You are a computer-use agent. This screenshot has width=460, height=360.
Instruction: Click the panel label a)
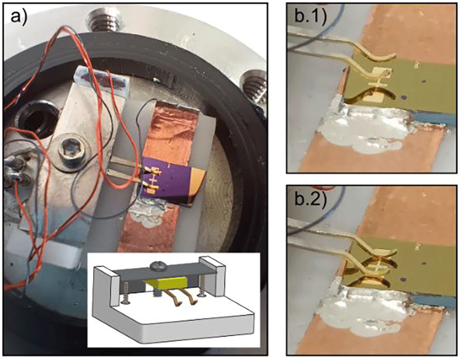click(x=19, y=17)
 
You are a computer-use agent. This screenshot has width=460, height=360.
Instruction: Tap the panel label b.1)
click(x=310, y=17)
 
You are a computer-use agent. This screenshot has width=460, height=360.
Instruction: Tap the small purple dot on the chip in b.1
click(x=404, y=97)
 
